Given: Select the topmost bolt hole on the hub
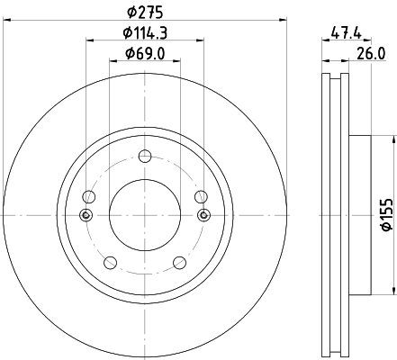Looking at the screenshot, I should [x=144, y=156].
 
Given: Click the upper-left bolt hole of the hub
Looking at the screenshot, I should [x=88, y=197].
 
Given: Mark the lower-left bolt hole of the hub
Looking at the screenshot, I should [x=110, y=262].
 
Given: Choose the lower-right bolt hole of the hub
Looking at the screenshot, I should [x=178, y=262].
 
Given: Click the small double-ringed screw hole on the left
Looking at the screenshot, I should [x=86, y=214].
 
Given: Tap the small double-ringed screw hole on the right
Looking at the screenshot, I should [x=203, y=214].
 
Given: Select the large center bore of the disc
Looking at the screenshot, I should [x=144, y=214].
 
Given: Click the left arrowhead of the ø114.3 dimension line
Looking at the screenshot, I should [x=90, y=40].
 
